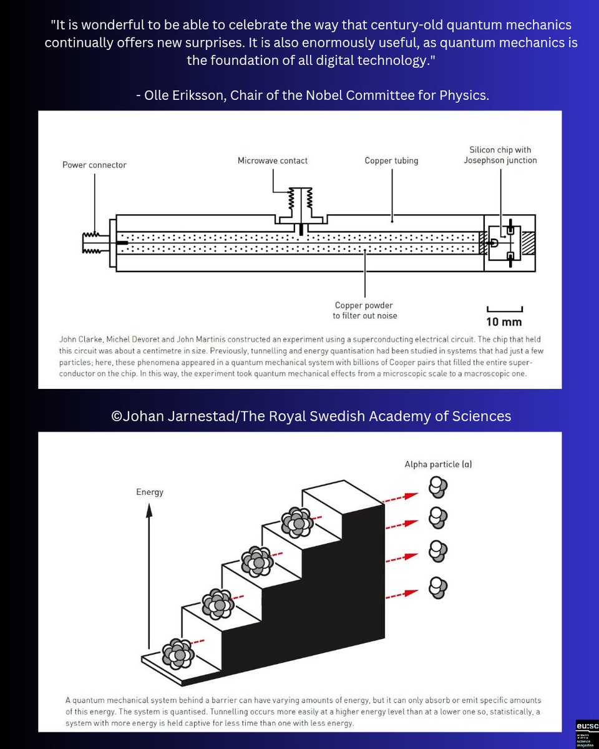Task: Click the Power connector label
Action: coord(94,165)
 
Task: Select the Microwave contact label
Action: coord(273,160)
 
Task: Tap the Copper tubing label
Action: coord(391,160)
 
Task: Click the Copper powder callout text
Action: coord(364,310)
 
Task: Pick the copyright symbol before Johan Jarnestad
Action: coord(116,416)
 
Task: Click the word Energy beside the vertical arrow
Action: coord(150,492)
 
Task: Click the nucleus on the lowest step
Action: coord(178,654)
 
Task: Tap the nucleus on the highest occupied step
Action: coord(296,522)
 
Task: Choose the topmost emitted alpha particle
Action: coord(438,487)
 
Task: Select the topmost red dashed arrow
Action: coord(401,496)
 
